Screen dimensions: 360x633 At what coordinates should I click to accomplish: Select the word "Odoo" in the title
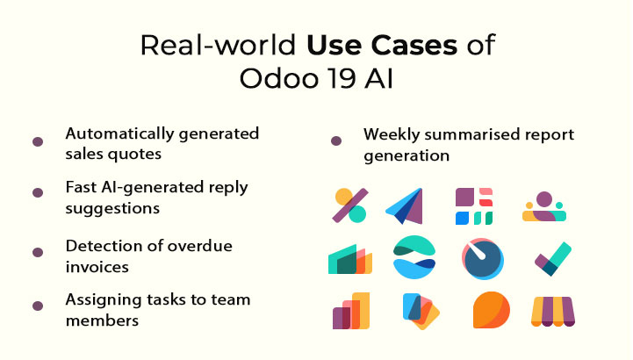[x=272, y=78]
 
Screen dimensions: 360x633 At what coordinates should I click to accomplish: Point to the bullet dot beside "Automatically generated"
[x=38, y=141]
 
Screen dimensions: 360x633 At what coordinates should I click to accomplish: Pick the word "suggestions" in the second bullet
[x=112, y=209]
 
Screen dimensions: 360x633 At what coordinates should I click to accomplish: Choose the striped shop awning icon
[x=554, y=311]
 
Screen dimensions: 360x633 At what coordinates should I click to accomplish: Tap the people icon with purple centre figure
[x=544, y=207]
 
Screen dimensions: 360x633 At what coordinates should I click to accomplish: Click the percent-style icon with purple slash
[x=350, y=205]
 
